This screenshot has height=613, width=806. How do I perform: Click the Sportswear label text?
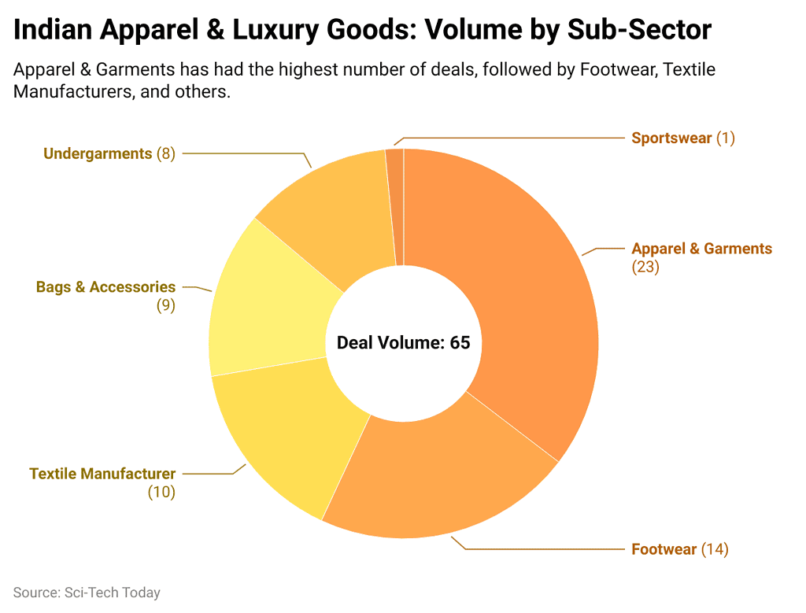point(671,138)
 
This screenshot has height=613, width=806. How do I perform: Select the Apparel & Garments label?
point(701,249)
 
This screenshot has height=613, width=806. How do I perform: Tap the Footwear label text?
point(664,549)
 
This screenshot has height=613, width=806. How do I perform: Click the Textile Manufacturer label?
point(102,474)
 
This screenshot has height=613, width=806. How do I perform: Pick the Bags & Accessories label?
point(105,287)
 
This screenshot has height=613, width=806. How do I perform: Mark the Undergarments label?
point(98,153)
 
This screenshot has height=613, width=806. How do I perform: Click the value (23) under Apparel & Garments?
point(645,268)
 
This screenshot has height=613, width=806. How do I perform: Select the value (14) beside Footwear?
point(715,549)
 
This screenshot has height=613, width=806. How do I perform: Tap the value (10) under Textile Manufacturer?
point(161,493)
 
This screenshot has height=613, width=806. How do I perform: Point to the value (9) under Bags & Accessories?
point(165,306)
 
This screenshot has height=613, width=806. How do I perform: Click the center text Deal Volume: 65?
point(403,343)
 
